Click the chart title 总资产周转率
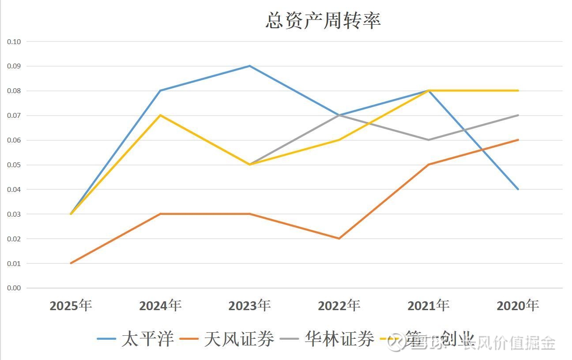323,20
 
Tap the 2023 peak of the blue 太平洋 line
250,66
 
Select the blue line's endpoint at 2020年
518,189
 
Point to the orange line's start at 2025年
71,263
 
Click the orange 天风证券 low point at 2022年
339,239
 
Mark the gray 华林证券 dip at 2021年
429,140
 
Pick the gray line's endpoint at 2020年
518,115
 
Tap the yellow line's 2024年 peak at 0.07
160,115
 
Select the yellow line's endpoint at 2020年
518,90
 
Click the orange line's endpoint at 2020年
518,140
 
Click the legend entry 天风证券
239,339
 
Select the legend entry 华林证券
339,339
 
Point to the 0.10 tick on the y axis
14,41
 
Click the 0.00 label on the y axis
14,288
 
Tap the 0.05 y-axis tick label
14,165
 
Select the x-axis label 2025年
71,305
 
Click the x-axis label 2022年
339,305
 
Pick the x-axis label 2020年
518,305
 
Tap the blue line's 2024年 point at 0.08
160,90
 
